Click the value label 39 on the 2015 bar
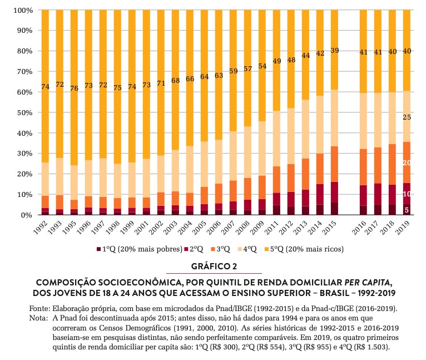[x=334, y=51]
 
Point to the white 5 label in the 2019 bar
[x=407, y=210]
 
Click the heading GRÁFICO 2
[x=214, y=267]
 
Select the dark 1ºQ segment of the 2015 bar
[x=334, y=209]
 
